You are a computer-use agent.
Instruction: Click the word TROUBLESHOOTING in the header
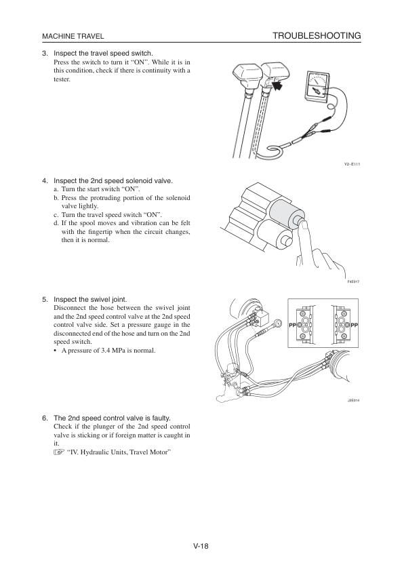[x=316, y=35]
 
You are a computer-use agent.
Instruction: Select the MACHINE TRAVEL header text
[x=73, y=36]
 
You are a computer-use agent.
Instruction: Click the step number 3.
[x=45, y=54]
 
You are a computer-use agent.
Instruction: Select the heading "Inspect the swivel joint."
[x=90, y=299]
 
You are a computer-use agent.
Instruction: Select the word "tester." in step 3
[x=62, y=79]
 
